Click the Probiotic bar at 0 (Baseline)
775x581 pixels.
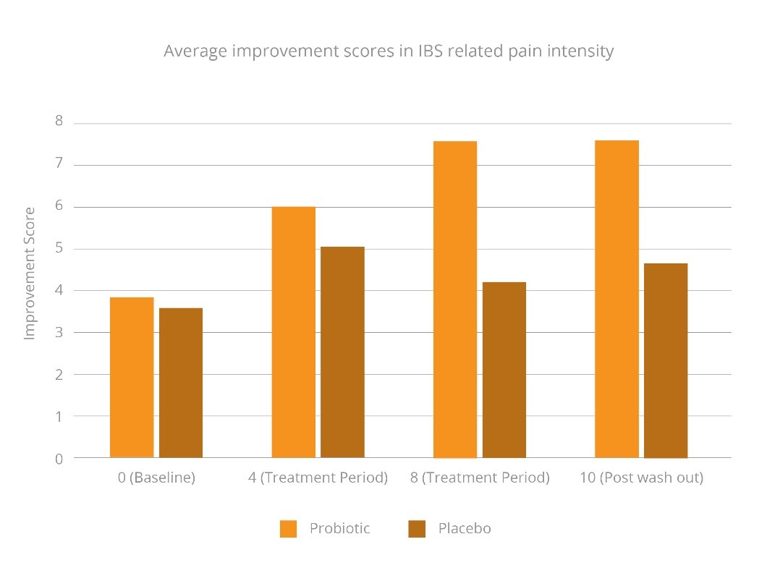(x=132, y=377)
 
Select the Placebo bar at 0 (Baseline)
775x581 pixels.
(x=181, y=383)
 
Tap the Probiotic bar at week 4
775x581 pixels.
(x=293, y=332)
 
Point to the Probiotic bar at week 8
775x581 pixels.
(x=455, y=300)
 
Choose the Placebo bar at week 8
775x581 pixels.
(x=504, y=370)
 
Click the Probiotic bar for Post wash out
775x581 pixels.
(x=617, y=299)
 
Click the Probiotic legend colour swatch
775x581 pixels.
(x=288, y=529)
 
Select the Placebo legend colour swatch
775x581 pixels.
(x=417, y=529)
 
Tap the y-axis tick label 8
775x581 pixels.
(x=59, y=122)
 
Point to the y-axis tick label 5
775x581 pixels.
(x=59, y=248)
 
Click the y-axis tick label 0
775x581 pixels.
(x=59, y=458)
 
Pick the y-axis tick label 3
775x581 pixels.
(x=59, y=332)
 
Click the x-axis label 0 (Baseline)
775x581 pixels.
(x=156, y=478)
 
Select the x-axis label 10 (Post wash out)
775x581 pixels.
(x=641, y=478)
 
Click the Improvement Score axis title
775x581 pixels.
(x=30, y=273)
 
